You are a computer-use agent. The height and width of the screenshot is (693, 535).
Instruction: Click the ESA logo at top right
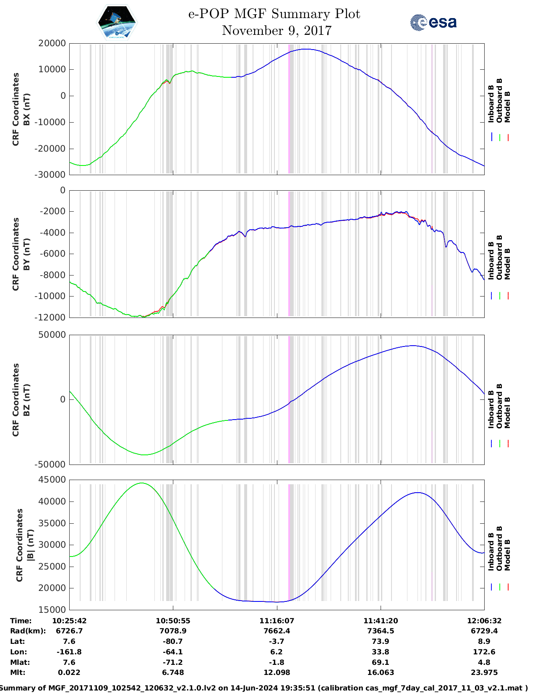coord(433,22)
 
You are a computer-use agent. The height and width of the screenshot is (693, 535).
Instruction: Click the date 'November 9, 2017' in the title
coord(277,31)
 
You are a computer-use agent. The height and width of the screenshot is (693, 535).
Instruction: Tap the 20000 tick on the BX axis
coord(52,43)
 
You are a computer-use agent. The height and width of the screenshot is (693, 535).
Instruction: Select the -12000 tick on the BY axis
coord(50,318)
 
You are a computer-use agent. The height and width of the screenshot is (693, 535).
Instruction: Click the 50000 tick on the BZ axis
coord(52,335)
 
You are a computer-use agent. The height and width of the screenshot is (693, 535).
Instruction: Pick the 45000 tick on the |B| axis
coord(52,480)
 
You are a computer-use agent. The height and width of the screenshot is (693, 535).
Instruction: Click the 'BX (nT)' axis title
coord(26,109)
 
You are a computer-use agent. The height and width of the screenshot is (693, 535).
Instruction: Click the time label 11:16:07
coord(277,621)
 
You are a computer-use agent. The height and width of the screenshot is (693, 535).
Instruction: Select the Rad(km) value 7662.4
coord(277,631)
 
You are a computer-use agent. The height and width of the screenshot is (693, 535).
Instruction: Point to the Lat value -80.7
coord(173,642)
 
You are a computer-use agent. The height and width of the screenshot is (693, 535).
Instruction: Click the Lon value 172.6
coord(484,652)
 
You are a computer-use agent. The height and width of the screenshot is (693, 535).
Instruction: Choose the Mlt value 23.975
coord(484,673)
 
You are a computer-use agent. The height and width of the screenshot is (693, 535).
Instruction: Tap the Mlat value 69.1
coord(380,662)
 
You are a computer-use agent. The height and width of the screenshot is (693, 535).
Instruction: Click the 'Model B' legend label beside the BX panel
coord(507,107)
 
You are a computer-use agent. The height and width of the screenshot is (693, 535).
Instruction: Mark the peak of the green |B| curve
coord(142,483)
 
